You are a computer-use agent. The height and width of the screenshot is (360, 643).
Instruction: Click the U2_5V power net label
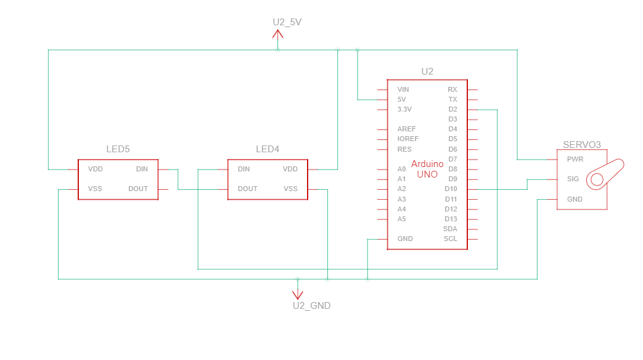click(287, 22)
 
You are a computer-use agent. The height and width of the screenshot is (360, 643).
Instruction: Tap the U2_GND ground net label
click(312, 306)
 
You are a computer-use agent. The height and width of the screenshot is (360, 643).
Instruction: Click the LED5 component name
click(118, 149)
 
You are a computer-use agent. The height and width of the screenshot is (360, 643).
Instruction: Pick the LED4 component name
click(268, 149)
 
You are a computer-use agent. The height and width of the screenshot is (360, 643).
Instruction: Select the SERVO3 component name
click(581, 145)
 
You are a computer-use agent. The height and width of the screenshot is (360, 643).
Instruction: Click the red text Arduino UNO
click(427, 169)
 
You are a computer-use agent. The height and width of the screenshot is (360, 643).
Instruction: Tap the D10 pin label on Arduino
click(451, 189)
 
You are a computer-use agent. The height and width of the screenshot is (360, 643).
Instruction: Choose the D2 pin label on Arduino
click(453, 110)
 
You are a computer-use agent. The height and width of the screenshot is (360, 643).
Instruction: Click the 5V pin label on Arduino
click(401, 100)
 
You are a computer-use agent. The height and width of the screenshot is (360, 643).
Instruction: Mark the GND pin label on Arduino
click(405, 239)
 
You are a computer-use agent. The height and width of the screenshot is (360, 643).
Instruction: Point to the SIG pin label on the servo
click(573, 179)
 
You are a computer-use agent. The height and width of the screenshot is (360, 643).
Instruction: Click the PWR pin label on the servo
click(575, 159)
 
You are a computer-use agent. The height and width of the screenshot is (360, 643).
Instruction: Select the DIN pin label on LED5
click(142, 169)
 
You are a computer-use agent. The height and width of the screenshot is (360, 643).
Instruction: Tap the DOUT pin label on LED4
click(248, 189)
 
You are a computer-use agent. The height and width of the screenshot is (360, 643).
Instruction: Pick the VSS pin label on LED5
click(95, 189)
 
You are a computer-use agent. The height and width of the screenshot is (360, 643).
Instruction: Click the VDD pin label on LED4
click(290, 169)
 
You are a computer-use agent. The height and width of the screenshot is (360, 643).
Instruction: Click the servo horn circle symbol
click(597, 179)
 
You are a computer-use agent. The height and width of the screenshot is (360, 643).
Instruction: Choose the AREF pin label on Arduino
click(406, 129)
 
